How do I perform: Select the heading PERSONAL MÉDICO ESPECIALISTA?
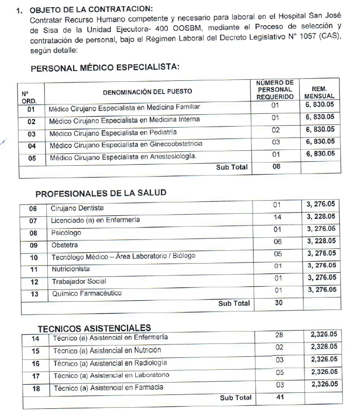(105, 68)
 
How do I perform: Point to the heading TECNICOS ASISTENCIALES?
(94, 327)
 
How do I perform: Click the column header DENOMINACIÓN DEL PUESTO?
(147, 91)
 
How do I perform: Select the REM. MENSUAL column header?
(319, 92)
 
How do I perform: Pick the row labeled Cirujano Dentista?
(77, 208)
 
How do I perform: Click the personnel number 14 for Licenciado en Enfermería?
(278, 218)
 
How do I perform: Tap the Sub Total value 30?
(278, 303)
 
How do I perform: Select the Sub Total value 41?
(279, 397)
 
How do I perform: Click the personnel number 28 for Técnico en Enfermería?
(279, 335)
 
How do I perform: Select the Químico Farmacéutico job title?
(86, 293)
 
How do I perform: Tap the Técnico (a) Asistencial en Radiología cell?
(110, 363)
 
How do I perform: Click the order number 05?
(31, 158)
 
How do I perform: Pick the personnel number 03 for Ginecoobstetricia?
(275, 142)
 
